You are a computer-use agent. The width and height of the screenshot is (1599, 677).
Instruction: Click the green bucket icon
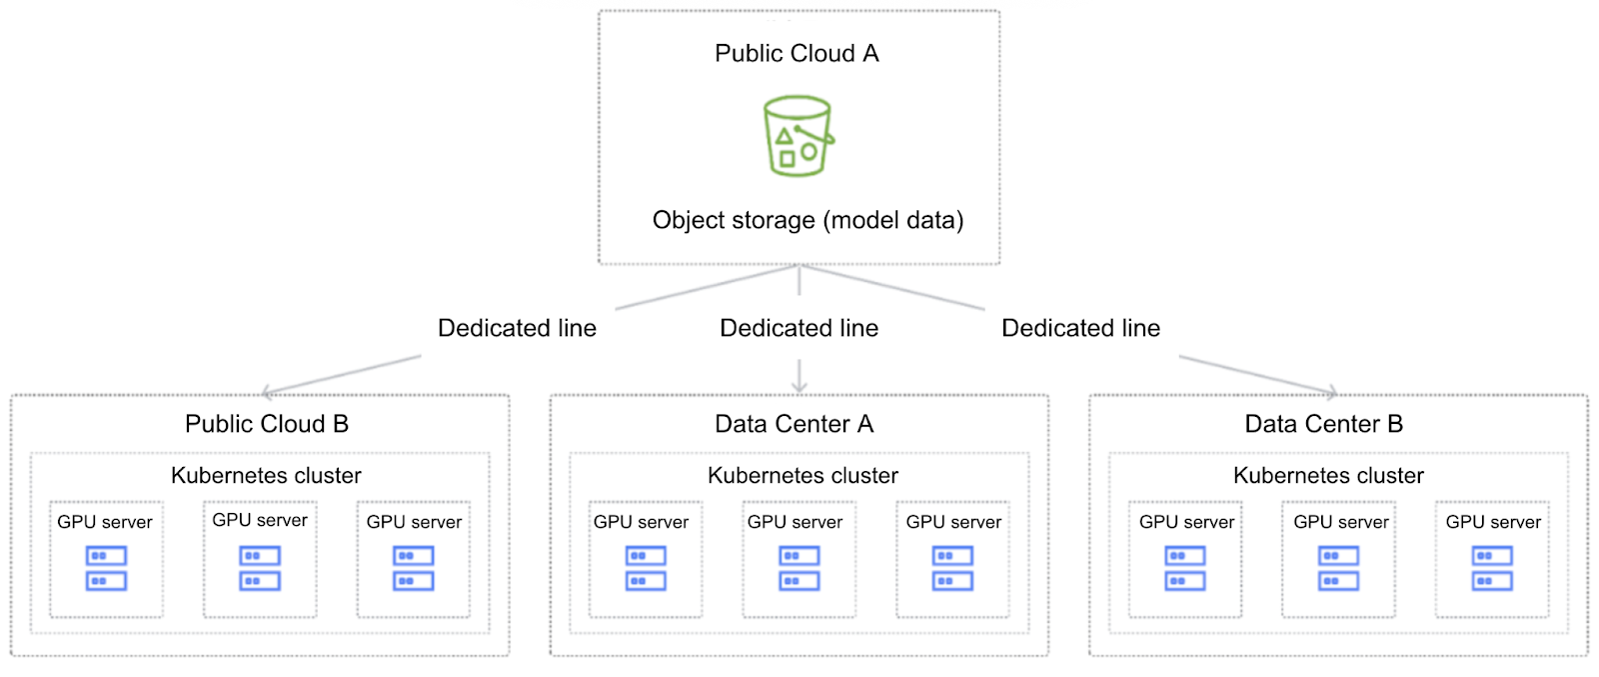tap(798, 136)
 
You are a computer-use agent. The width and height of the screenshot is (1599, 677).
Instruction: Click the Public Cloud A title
tap(797, 54)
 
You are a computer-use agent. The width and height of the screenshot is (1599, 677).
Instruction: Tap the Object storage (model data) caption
tap(807, 220)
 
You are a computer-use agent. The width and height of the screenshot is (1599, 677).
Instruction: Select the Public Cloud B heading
tap(267, 424)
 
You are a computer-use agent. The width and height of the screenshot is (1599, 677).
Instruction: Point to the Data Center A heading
tap(795, 424)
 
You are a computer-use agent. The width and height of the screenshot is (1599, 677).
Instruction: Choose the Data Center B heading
tap(1323, 424)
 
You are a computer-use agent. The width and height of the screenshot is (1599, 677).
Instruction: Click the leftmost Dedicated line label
tap(517, 328)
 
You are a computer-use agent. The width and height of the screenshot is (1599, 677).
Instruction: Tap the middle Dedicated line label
tap(799, 328)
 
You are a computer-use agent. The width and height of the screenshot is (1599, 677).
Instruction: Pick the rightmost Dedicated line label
tap(1080, 328)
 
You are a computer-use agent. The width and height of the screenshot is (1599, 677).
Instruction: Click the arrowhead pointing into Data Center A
tap(799, 389)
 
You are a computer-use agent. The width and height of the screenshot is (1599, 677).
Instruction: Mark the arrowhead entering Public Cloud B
tap(267, 393)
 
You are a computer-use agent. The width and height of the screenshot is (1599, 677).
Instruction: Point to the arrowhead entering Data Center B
tap(1332, 392)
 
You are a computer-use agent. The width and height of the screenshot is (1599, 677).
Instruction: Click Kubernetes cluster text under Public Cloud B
tap(266, 476)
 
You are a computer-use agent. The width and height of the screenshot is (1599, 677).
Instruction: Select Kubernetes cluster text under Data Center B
tap(1328, 476)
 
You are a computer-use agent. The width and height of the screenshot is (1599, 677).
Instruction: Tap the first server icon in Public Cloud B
tap(106, 568)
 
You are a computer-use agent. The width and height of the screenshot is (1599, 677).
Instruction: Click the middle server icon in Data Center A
tap(799, 568)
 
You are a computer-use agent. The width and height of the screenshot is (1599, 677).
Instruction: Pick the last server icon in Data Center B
tap(1492, 568)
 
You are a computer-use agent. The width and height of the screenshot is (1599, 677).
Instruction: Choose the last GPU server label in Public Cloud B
tap(414, 522)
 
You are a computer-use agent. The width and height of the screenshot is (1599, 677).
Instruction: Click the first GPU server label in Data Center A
tap(641, 522)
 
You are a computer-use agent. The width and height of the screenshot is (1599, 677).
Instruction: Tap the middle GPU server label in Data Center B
tap(1341, 522)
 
